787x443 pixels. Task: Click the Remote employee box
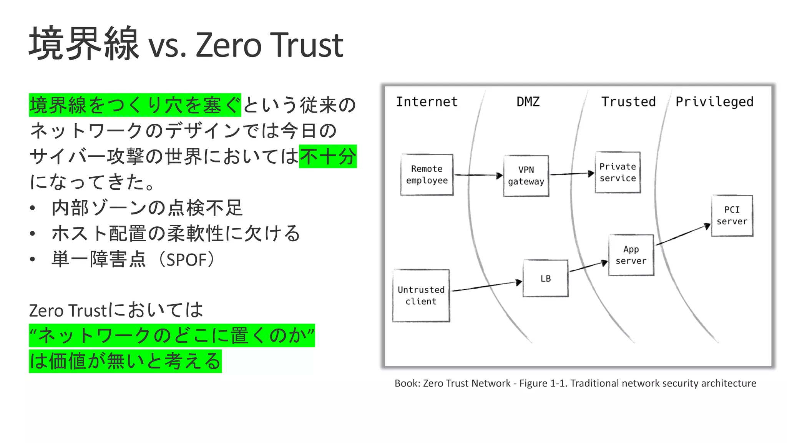(427, 175)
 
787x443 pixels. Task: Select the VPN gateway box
(526, 176)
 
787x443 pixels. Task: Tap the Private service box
(618, 173)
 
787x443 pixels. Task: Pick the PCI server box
(732, 216)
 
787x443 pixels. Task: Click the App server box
(631, 255)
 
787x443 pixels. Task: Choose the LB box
(545, 279)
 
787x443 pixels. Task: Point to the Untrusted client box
(421, 295)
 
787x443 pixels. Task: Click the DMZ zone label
(528, 102)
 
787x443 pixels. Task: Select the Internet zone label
(427, 102)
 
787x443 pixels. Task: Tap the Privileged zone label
(714, 102)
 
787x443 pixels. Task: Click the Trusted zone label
(628, 102)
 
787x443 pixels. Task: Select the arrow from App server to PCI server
(682, 235)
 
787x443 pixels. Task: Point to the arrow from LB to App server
(588, 267)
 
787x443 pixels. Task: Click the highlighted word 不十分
(328, 156)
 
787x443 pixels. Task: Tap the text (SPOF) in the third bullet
(187, 260)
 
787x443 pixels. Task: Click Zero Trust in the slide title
(269, 45)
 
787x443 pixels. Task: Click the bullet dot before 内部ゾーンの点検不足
(33, 208)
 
